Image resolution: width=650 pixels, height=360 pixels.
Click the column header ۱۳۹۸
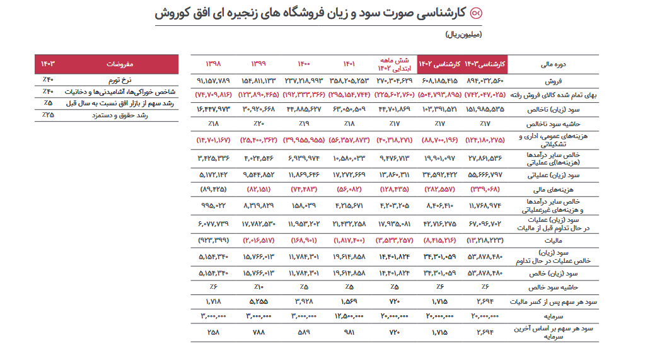click(214, 64)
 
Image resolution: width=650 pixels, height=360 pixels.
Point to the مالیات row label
click(554, 240)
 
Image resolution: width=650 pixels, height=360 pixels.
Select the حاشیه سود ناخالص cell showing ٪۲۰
click(259, 124)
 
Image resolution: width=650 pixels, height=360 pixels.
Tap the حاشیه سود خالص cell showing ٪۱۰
click(259, 288)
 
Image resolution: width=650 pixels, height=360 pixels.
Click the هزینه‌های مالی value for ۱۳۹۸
click(214, 189)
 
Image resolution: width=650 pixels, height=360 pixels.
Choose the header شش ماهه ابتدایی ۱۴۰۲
click(394, 64)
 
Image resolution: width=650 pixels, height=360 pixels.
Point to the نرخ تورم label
click(118, 80)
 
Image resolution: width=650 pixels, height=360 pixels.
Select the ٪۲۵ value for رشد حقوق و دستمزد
click(48, 115)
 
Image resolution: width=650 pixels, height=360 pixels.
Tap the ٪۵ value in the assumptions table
click(48, 103)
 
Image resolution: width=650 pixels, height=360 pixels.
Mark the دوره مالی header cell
click(554, 64)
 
